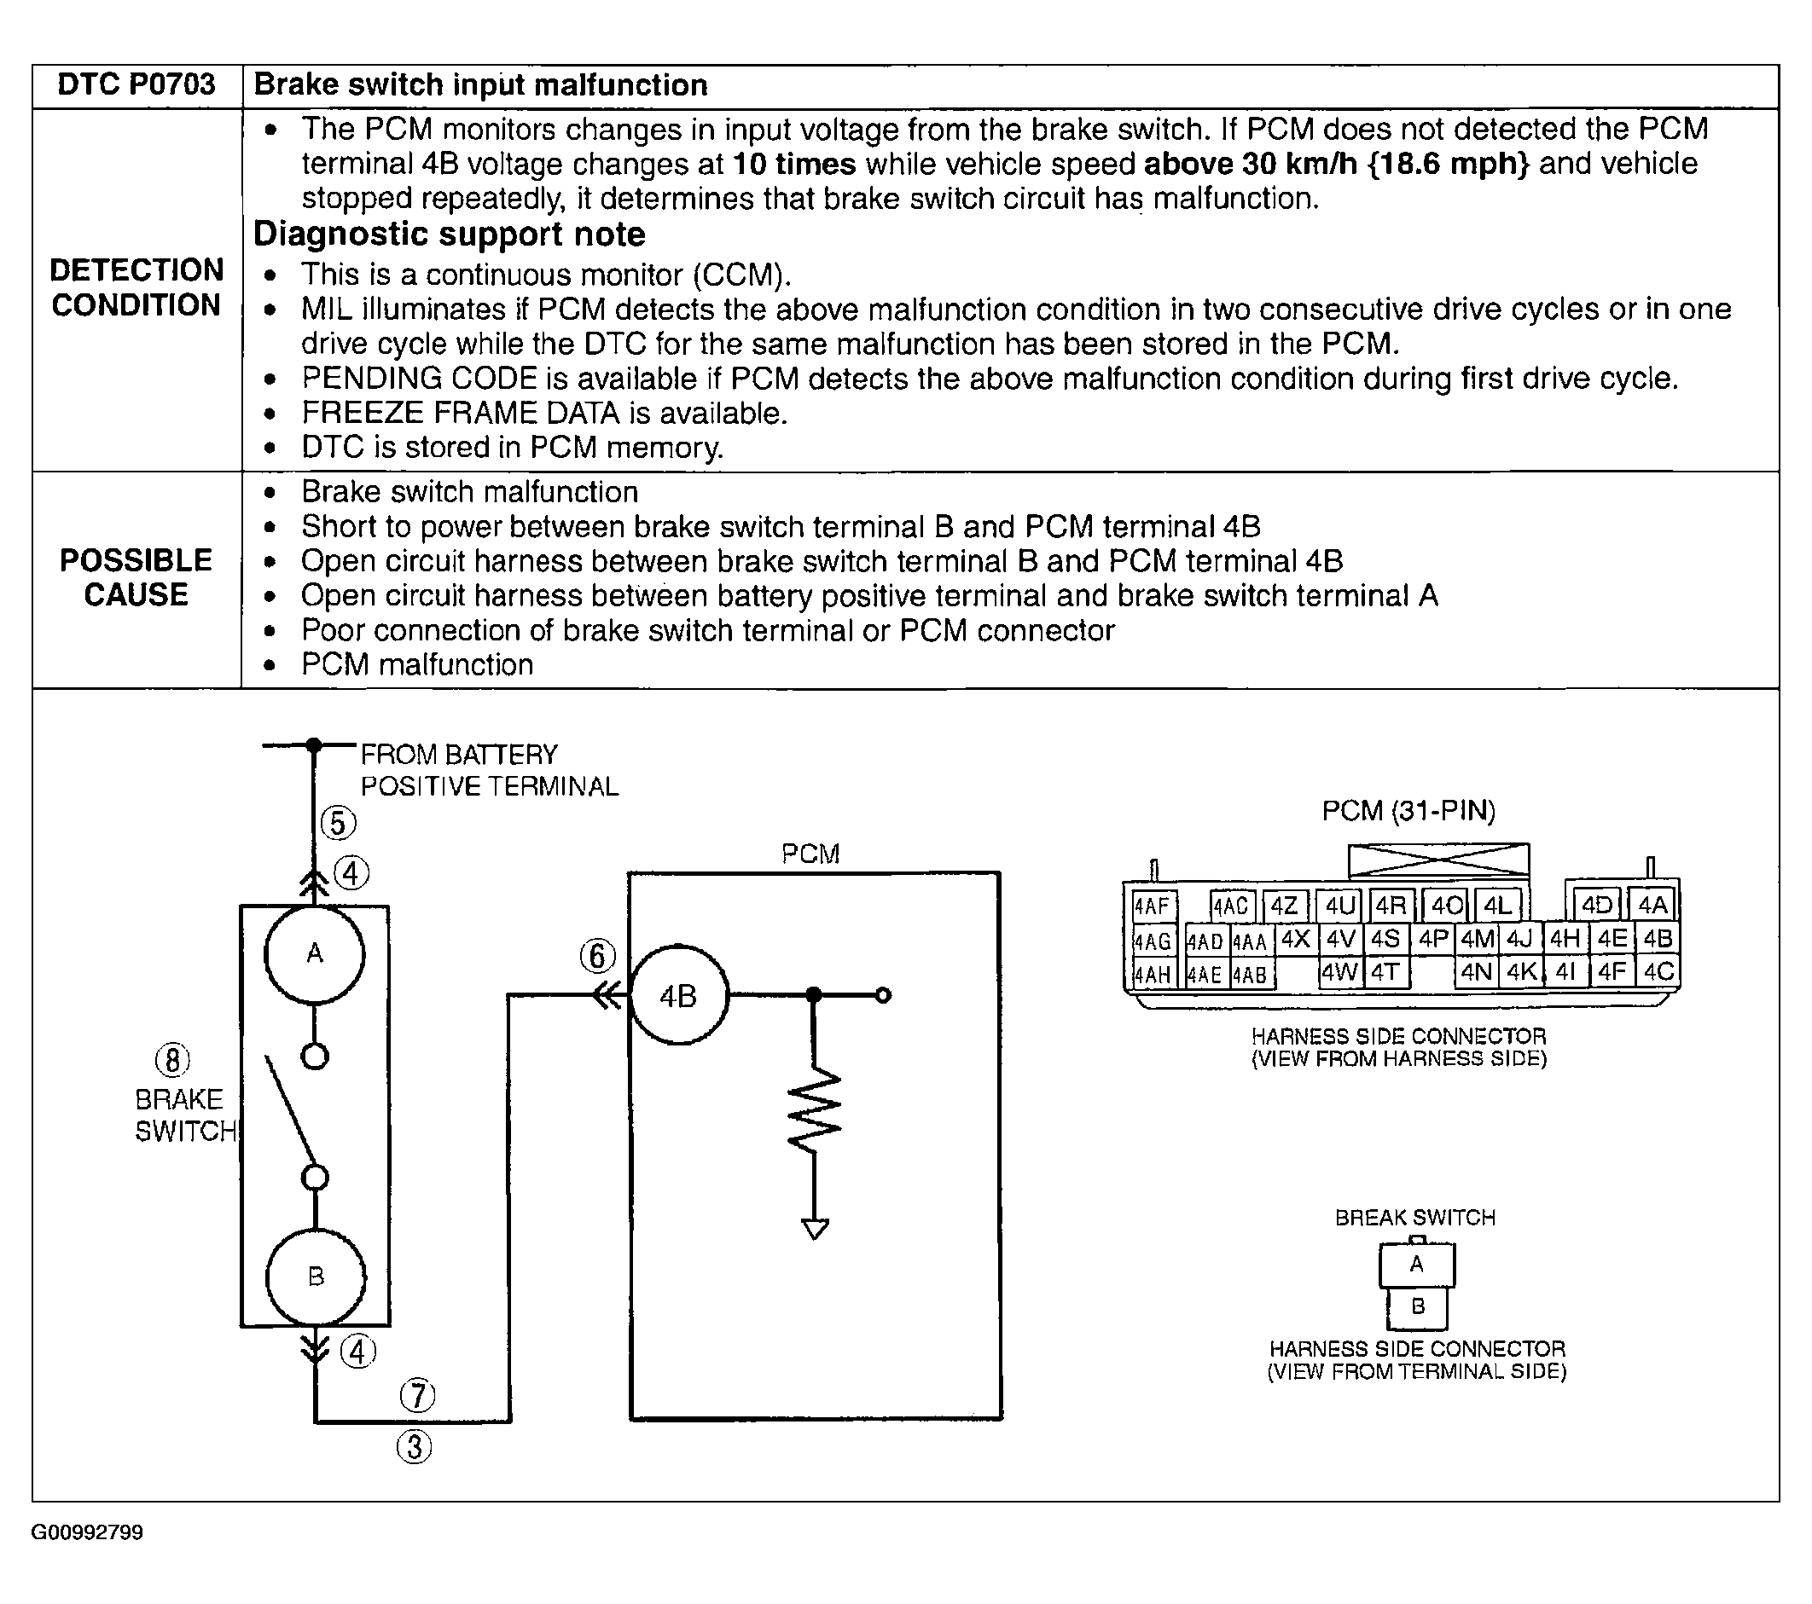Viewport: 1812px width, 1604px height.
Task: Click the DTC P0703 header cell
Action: pyautogui.click(x=136, y=85)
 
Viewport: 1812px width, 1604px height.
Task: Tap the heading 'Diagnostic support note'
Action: pyautogui.click(x=450, y=234)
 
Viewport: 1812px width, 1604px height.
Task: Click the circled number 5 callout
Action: pyautogui.click(x=338, y=823)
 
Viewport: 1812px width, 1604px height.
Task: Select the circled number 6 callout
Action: pyautogui.click(x=596, y=956)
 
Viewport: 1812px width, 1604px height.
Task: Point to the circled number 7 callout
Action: pyautogui.click(x=417, y=1395)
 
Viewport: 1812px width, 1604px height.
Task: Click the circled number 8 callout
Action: pyautogui.click(x=172, y=1060)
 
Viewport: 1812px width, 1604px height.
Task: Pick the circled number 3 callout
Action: pyautogui.click(x=414, y=1447)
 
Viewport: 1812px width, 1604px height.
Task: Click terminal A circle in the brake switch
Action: pyautogui.click(x=315, y=953)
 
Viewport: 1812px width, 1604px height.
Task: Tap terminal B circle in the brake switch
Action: pyautogui.click(x=316, y=1276)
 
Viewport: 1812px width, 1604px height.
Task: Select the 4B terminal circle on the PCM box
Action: pyautogui.click(x=678, y=996)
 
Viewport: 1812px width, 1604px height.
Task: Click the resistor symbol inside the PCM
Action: pyautogui.click(x=815, y=1111)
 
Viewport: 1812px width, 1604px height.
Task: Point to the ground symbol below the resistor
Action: pyautogui.click(x=815, y=1229)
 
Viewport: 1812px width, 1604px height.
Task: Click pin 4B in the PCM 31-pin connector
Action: pyautogui.click(x=1657, y=939)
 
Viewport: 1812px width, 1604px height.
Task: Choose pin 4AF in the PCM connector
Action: pyautogui.click(x=1152, y=906)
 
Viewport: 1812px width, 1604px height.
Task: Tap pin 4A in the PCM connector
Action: pyautogui.click(x=1652, y=906)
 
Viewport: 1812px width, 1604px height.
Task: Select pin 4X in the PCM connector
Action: pyautogui.click(x=1295, y=940)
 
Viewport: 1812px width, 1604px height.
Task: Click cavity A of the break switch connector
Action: pyautogui.click(x=1417, y=1265)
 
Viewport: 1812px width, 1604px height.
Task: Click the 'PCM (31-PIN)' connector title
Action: pyautogui.click(x=1408, y=811)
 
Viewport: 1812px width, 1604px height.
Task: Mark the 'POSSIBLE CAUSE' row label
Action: pyautogui.click(x=136, y=578)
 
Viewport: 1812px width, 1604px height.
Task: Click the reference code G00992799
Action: pyautogui.click(x=87, y=1532)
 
